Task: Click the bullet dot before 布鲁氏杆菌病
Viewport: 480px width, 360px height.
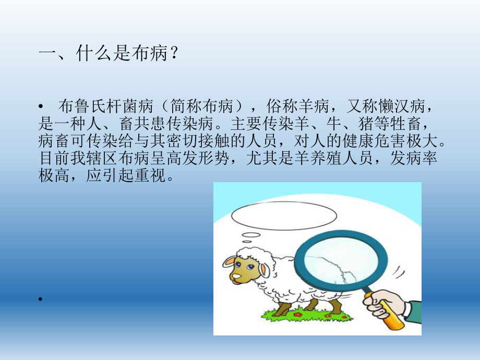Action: (41, 108)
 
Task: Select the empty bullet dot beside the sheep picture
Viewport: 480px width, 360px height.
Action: (41, 299)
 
